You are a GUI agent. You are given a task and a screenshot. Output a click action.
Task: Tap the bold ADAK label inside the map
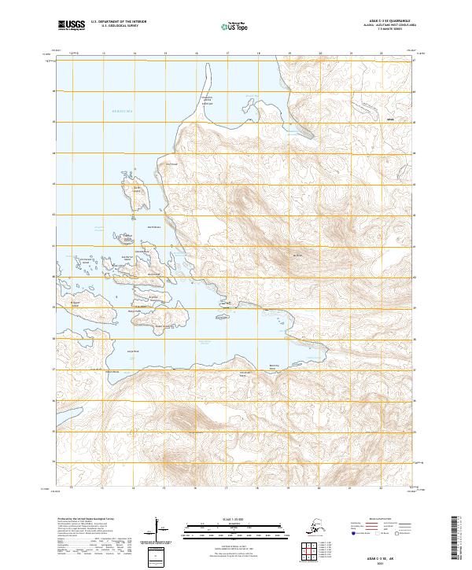(x=390, y=120)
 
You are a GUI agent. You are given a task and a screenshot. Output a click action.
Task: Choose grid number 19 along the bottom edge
(x=289, y=487)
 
